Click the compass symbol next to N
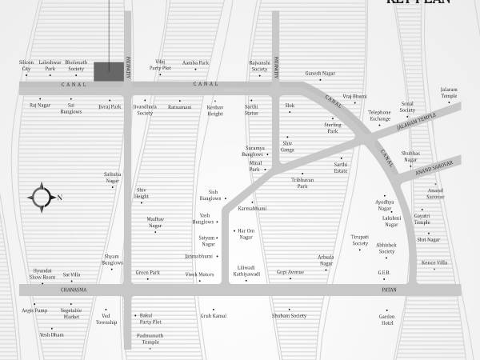[x=40, y=197]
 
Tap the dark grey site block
[x=109, y=70]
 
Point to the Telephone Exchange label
[x=379, y=115]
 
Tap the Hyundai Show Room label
[x=42, y=274]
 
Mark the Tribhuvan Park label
[x=297, y=182]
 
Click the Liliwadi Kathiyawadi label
[x=246, y=270]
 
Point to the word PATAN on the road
[x=388, y=290]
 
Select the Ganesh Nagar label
[x=320, y=74]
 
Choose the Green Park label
[x=148, y=272]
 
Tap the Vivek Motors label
[x=200, y=274]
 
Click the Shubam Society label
[x=289, y=315]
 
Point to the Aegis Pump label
[x=35, y=310]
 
